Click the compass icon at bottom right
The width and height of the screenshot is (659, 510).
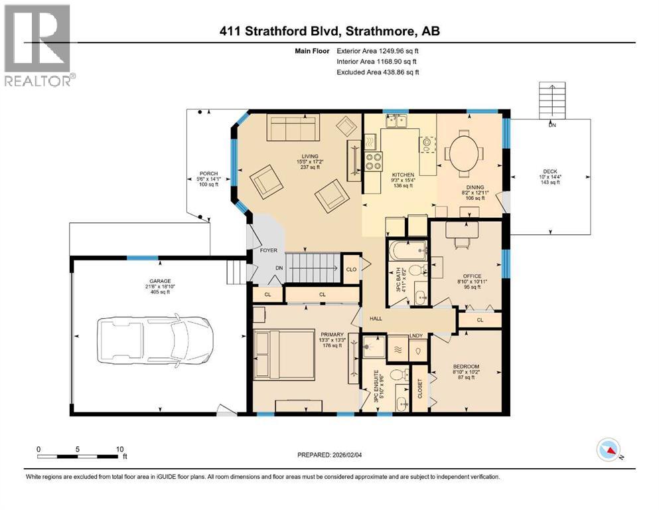608,450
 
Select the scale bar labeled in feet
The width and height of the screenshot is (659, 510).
80,456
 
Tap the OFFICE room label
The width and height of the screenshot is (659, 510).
472,276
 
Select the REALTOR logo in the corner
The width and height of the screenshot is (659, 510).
38,45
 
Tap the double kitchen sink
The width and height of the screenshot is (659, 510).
398,121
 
